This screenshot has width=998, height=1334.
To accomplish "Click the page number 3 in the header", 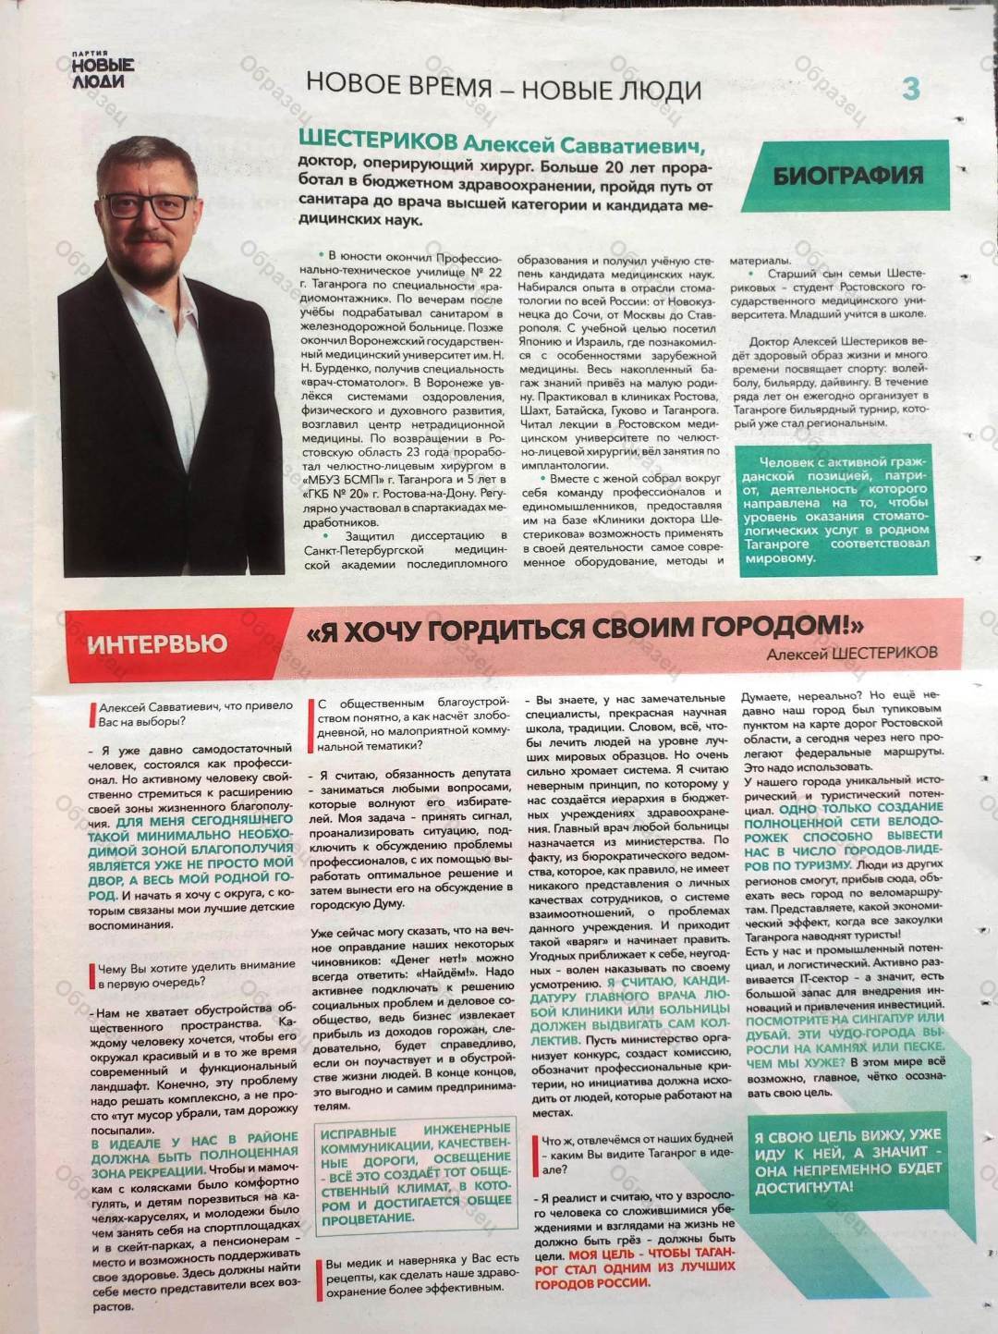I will click(910, 89).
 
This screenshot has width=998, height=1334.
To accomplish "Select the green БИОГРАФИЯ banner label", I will click(847, 176).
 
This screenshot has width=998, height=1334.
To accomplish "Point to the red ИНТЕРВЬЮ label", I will click(157, 643).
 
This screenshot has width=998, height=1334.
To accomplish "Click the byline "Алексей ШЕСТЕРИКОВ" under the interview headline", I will click(851, 653).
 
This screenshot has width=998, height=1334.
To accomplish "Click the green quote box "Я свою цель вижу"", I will click(847, 1160).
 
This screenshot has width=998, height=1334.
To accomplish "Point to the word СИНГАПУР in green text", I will click(885, 1018).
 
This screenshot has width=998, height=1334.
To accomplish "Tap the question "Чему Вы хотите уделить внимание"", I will click(197, 973).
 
